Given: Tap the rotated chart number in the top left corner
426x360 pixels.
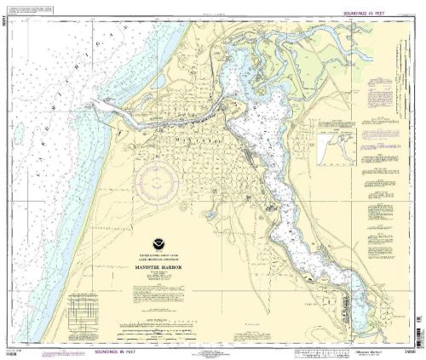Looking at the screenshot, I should [5, 18].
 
